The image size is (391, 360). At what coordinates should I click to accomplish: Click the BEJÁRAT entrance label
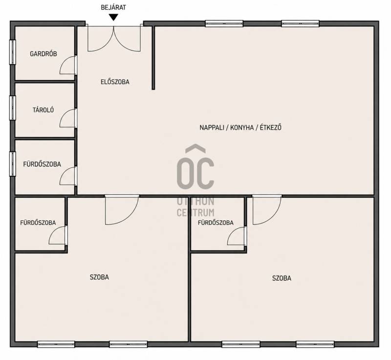coord(113,7)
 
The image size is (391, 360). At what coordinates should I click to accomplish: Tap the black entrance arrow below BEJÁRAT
coord(114,17)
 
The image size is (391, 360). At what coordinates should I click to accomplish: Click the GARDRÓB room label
coord(43,54)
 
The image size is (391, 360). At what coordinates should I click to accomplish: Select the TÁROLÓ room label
coord(43,110)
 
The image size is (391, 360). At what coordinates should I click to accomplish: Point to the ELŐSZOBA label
coord(115,82)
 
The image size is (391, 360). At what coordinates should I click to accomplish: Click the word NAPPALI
coord(211,127)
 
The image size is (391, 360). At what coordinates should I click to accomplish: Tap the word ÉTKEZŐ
coord(271,127)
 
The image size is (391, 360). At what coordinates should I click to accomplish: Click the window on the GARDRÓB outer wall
coord(13,52)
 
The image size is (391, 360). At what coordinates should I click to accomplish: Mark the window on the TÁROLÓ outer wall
coord(13,108)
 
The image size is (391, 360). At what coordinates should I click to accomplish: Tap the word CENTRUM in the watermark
coord(195,212)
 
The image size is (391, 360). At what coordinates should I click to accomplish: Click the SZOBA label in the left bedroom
coord(99,277)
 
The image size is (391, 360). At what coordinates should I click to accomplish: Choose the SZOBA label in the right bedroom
coord(282,278)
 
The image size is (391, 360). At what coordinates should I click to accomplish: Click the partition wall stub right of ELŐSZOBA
coord(153,58)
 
